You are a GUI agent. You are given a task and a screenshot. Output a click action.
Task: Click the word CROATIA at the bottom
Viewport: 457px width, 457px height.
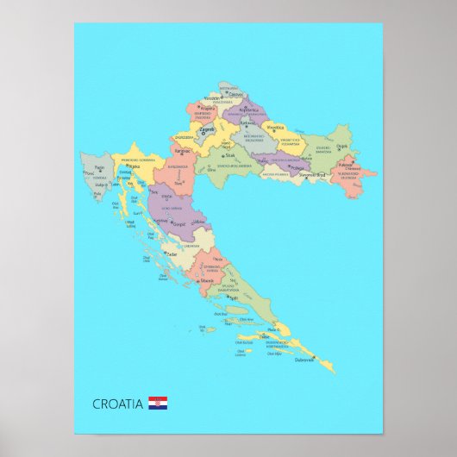(118, 404)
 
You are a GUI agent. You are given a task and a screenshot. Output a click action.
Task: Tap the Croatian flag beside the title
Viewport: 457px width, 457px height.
(158, 403)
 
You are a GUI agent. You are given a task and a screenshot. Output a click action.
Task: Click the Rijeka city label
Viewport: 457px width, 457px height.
(134, 166)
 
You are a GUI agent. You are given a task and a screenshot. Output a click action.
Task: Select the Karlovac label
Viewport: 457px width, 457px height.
(182, 150)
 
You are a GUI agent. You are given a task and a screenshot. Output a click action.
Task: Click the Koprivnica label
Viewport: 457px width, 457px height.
(248, 110)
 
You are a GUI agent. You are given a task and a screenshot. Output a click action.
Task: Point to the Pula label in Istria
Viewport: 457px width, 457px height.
(97, 193)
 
